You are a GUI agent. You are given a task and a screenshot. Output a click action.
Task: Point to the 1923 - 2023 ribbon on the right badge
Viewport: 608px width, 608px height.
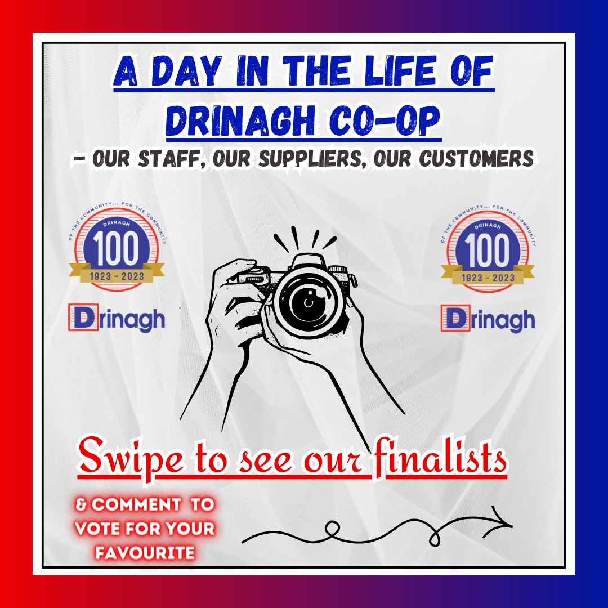pos(487,277)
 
